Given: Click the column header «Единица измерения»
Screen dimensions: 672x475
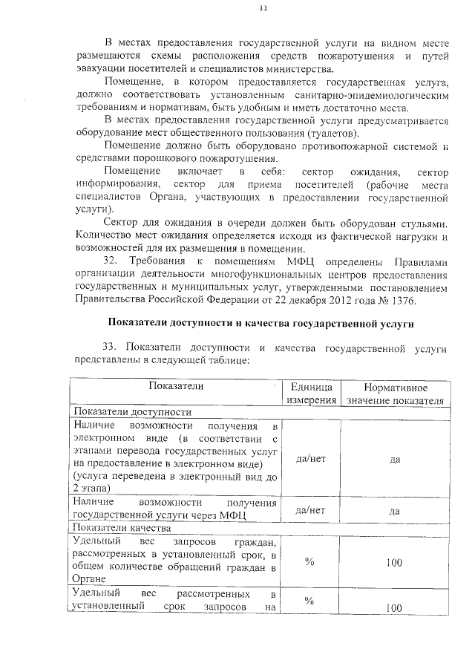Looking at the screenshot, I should pyautogui.click(x=312, y=394).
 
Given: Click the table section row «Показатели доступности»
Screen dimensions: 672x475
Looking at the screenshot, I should pyautogui.click(x=131, y=411).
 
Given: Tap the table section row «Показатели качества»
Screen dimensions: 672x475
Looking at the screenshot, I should pyautogui.click(x=122, y=528).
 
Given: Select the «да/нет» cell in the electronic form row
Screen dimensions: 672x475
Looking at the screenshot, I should pyautogui.click(x=311, y=459).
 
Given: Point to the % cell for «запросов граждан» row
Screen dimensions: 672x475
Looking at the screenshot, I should pyautogui.click(x=310, y=562).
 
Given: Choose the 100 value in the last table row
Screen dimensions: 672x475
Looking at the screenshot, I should pyautogui.click(x=394, y=608).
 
